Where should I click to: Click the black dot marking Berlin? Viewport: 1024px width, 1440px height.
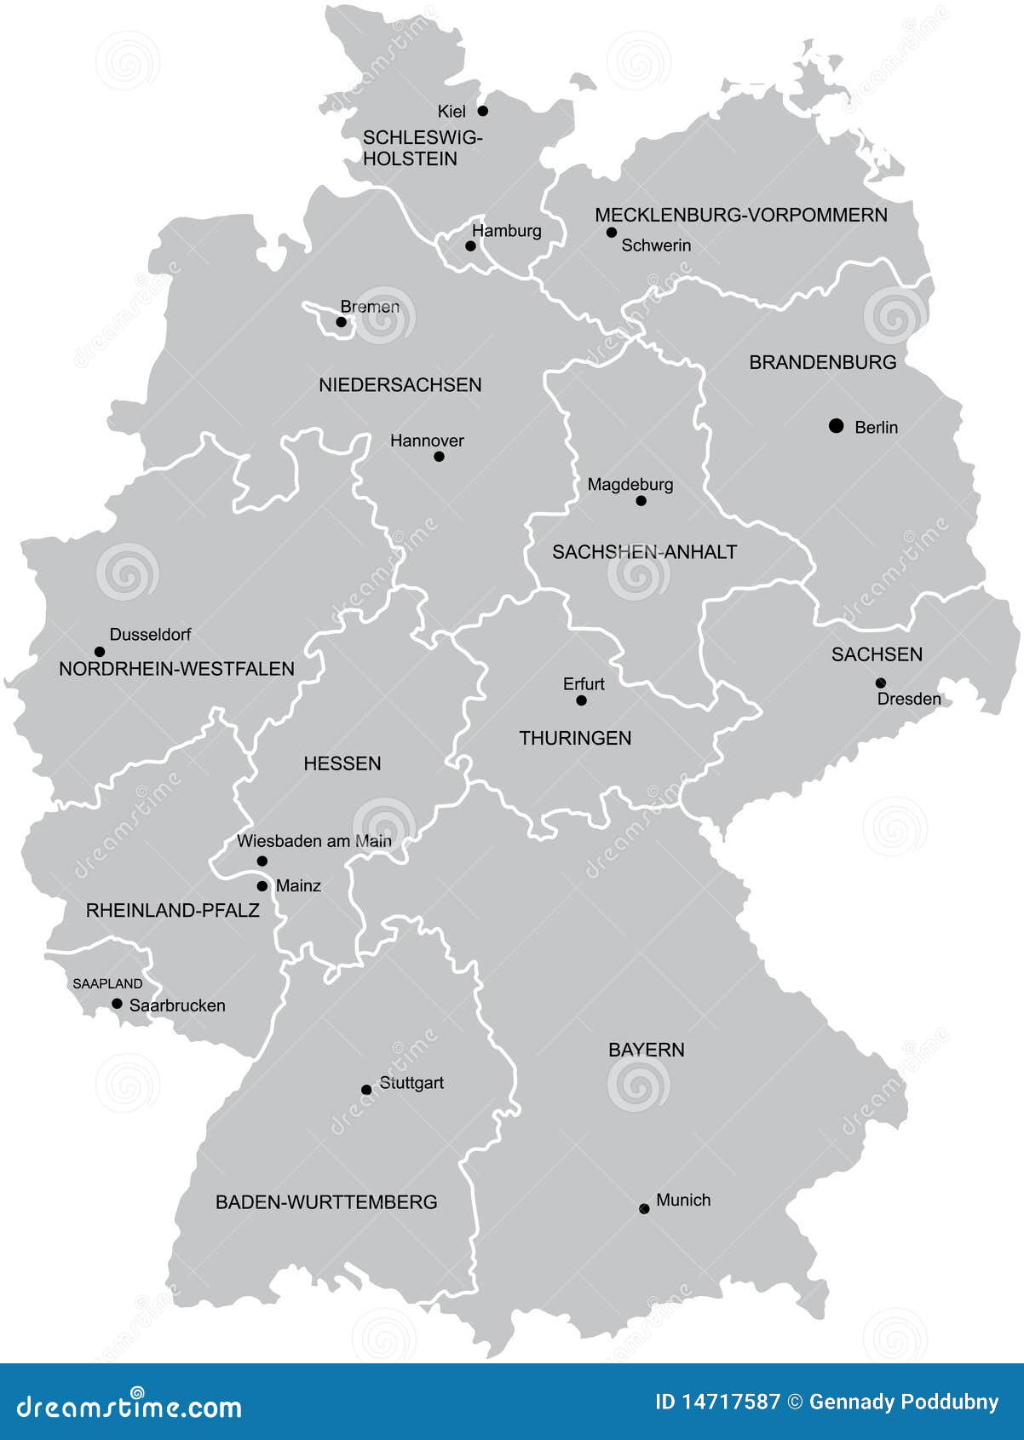(836, 425)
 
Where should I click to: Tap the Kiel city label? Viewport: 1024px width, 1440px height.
(452, 112)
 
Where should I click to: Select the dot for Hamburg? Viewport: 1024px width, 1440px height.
(470, 246)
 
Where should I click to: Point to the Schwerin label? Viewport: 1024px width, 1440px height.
(655, 245)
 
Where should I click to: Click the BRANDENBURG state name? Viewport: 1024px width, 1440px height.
(822, 362)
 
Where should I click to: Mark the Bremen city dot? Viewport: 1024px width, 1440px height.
(341, 322)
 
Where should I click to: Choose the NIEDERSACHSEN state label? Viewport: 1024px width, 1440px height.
(400, 385)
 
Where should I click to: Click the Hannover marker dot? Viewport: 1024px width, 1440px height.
(439, 457)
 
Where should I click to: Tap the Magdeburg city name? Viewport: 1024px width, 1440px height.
(630, 485)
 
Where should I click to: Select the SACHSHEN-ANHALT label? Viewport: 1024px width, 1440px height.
(644, 552)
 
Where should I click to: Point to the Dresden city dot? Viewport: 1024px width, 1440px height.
(880, 683)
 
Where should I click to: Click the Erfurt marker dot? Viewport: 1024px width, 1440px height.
(581, 700)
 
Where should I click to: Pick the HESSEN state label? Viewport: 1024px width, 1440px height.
(342, 763)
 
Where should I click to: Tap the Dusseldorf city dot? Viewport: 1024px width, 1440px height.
(99, 652)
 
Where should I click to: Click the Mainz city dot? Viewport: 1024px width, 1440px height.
(262, 886)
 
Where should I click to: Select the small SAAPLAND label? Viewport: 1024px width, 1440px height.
(107, 983)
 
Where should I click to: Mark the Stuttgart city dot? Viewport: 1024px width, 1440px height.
(366, 1090)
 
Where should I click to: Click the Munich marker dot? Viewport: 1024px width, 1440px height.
(644, 1208)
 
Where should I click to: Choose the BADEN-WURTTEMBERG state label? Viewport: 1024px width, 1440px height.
(326, 1202)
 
